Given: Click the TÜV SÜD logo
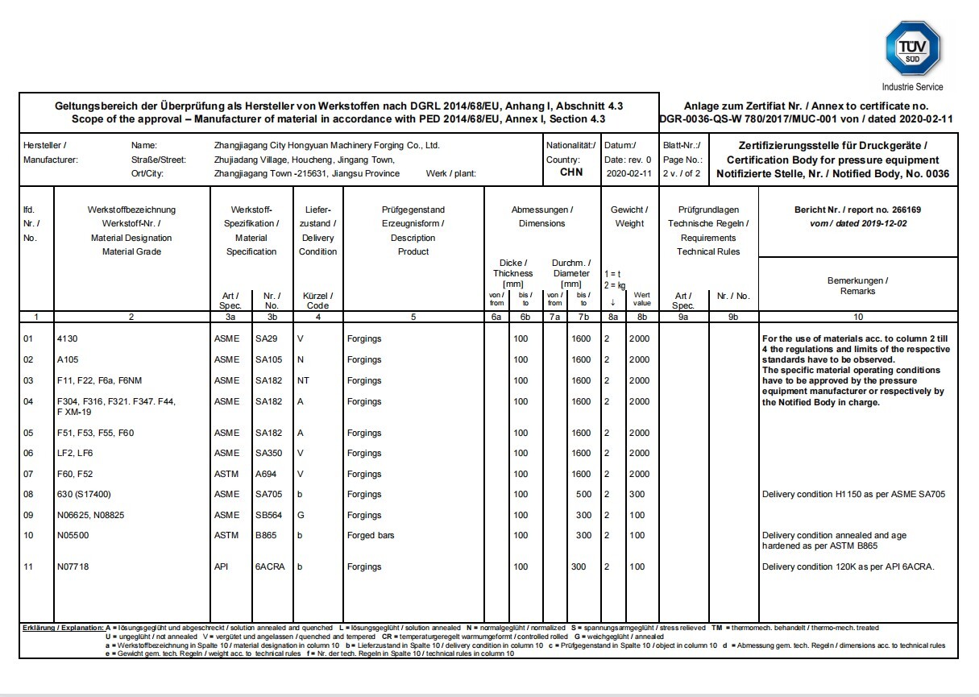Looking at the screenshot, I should (913, 48).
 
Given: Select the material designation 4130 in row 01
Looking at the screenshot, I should (67, 338).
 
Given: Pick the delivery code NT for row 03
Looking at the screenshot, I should (304, 380).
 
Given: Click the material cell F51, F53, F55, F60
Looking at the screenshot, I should (95, 433).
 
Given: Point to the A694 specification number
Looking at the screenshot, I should (266, 474).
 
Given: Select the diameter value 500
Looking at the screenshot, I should (583, 494).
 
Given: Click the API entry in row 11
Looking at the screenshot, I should (221, 566).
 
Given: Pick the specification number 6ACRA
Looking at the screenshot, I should (270, 566).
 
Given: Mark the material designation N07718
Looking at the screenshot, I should (73, 566).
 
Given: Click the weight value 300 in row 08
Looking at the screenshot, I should (637, 494).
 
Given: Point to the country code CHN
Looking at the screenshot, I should (570, 172).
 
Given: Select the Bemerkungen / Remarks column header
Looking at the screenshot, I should (857, 286).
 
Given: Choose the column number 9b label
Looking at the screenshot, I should (732, 317).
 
